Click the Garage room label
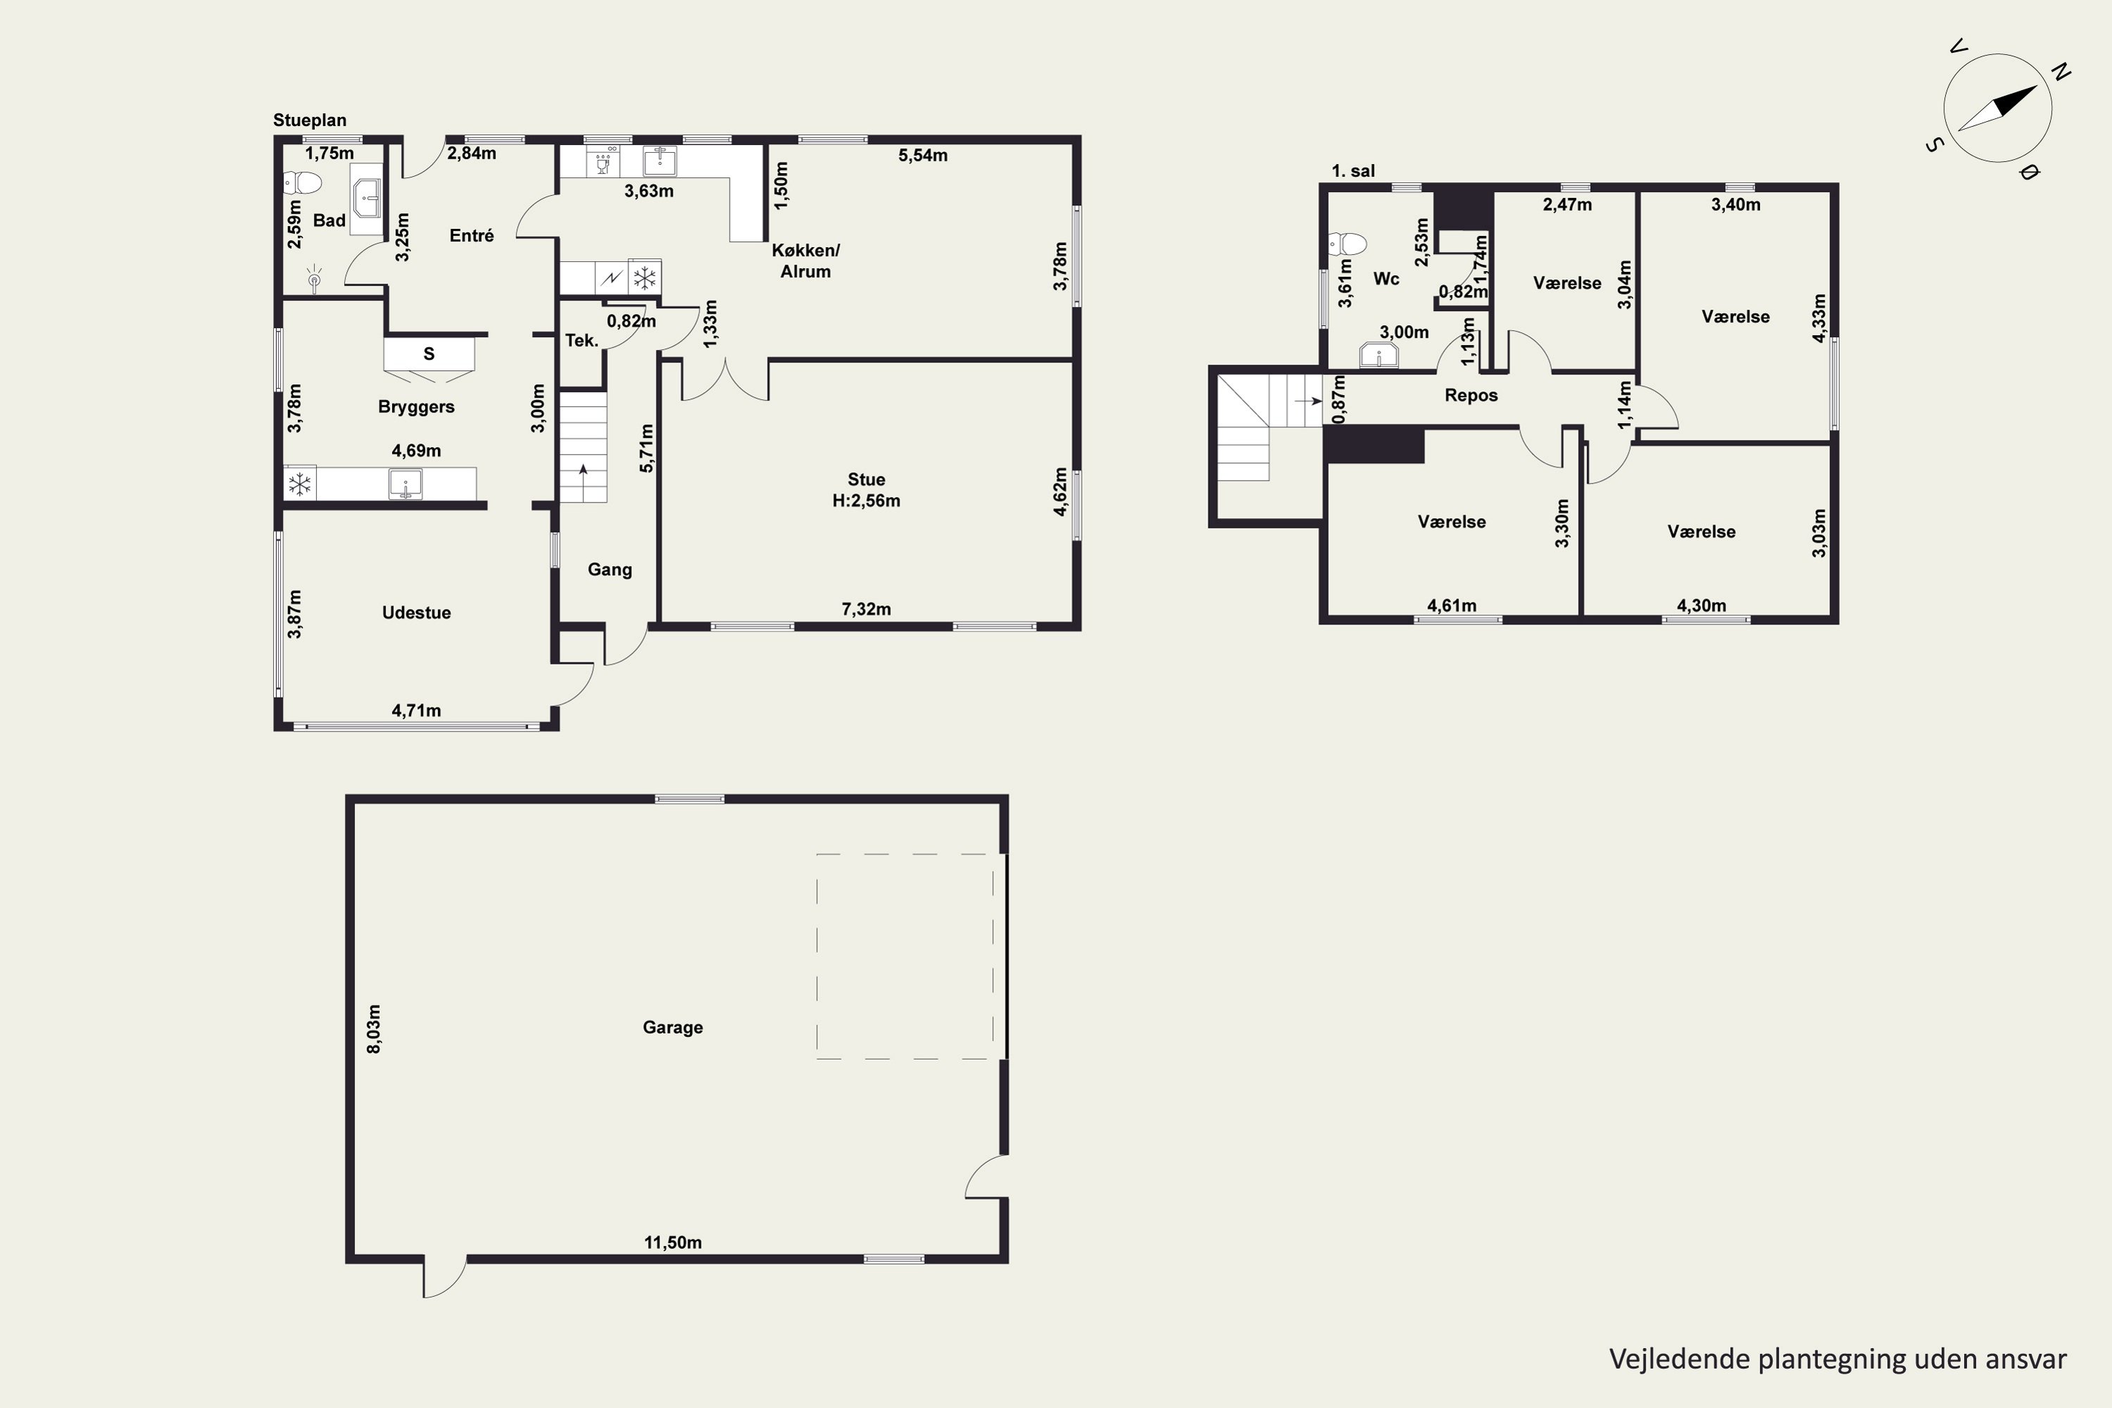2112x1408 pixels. click(x=672, y=1027)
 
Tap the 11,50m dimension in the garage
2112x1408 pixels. click(x=672, y=1243)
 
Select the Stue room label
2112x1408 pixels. click(x=866, y=479)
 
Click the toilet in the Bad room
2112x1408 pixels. click(x=302, y=183)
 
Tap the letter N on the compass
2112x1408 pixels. click(x=2062, y=73)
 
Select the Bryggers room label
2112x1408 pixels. click(x=416, y=407)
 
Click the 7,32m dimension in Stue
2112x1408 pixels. click(x=866, y=609)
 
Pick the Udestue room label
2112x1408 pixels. click(x=417, y=612)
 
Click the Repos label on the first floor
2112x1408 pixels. click(x=1471, y=395)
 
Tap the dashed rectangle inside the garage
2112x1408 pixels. click(x=905, y=854)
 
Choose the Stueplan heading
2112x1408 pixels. click(x=310, y=120)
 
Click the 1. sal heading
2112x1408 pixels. click(x=1353, y=170)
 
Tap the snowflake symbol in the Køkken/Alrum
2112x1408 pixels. click(x=645, y=277)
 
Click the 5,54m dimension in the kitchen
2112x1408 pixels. click(x=923, y=156)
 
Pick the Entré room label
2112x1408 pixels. click(x=472, y=235)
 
